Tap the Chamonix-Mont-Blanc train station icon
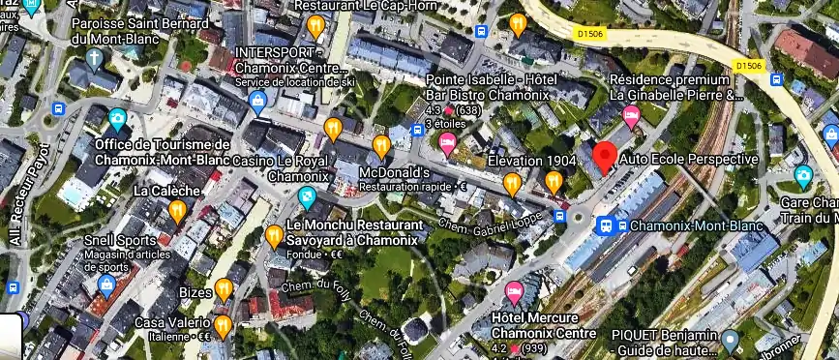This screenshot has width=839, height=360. [606, 225]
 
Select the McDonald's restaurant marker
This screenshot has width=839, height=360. [381, 146]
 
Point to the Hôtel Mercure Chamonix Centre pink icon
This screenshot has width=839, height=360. [514, 292]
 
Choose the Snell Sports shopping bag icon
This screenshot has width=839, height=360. [106, 284]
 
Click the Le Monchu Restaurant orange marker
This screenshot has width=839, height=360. [275, 235]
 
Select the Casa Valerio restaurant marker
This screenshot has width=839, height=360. [224, 325]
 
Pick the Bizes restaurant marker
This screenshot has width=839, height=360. [224, 288]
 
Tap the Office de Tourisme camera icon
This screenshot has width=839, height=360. [117, 120]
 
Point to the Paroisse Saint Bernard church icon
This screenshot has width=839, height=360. [93, 56]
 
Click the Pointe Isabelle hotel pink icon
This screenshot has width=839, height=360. [447, 143]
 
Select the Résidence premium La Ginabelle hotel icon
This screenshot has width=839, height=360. [631, 118]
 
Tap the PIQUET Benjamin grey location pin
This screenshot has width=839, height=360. [731, 340]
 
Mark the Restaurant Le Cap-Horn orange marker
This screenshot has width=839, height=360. [314, 26]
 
